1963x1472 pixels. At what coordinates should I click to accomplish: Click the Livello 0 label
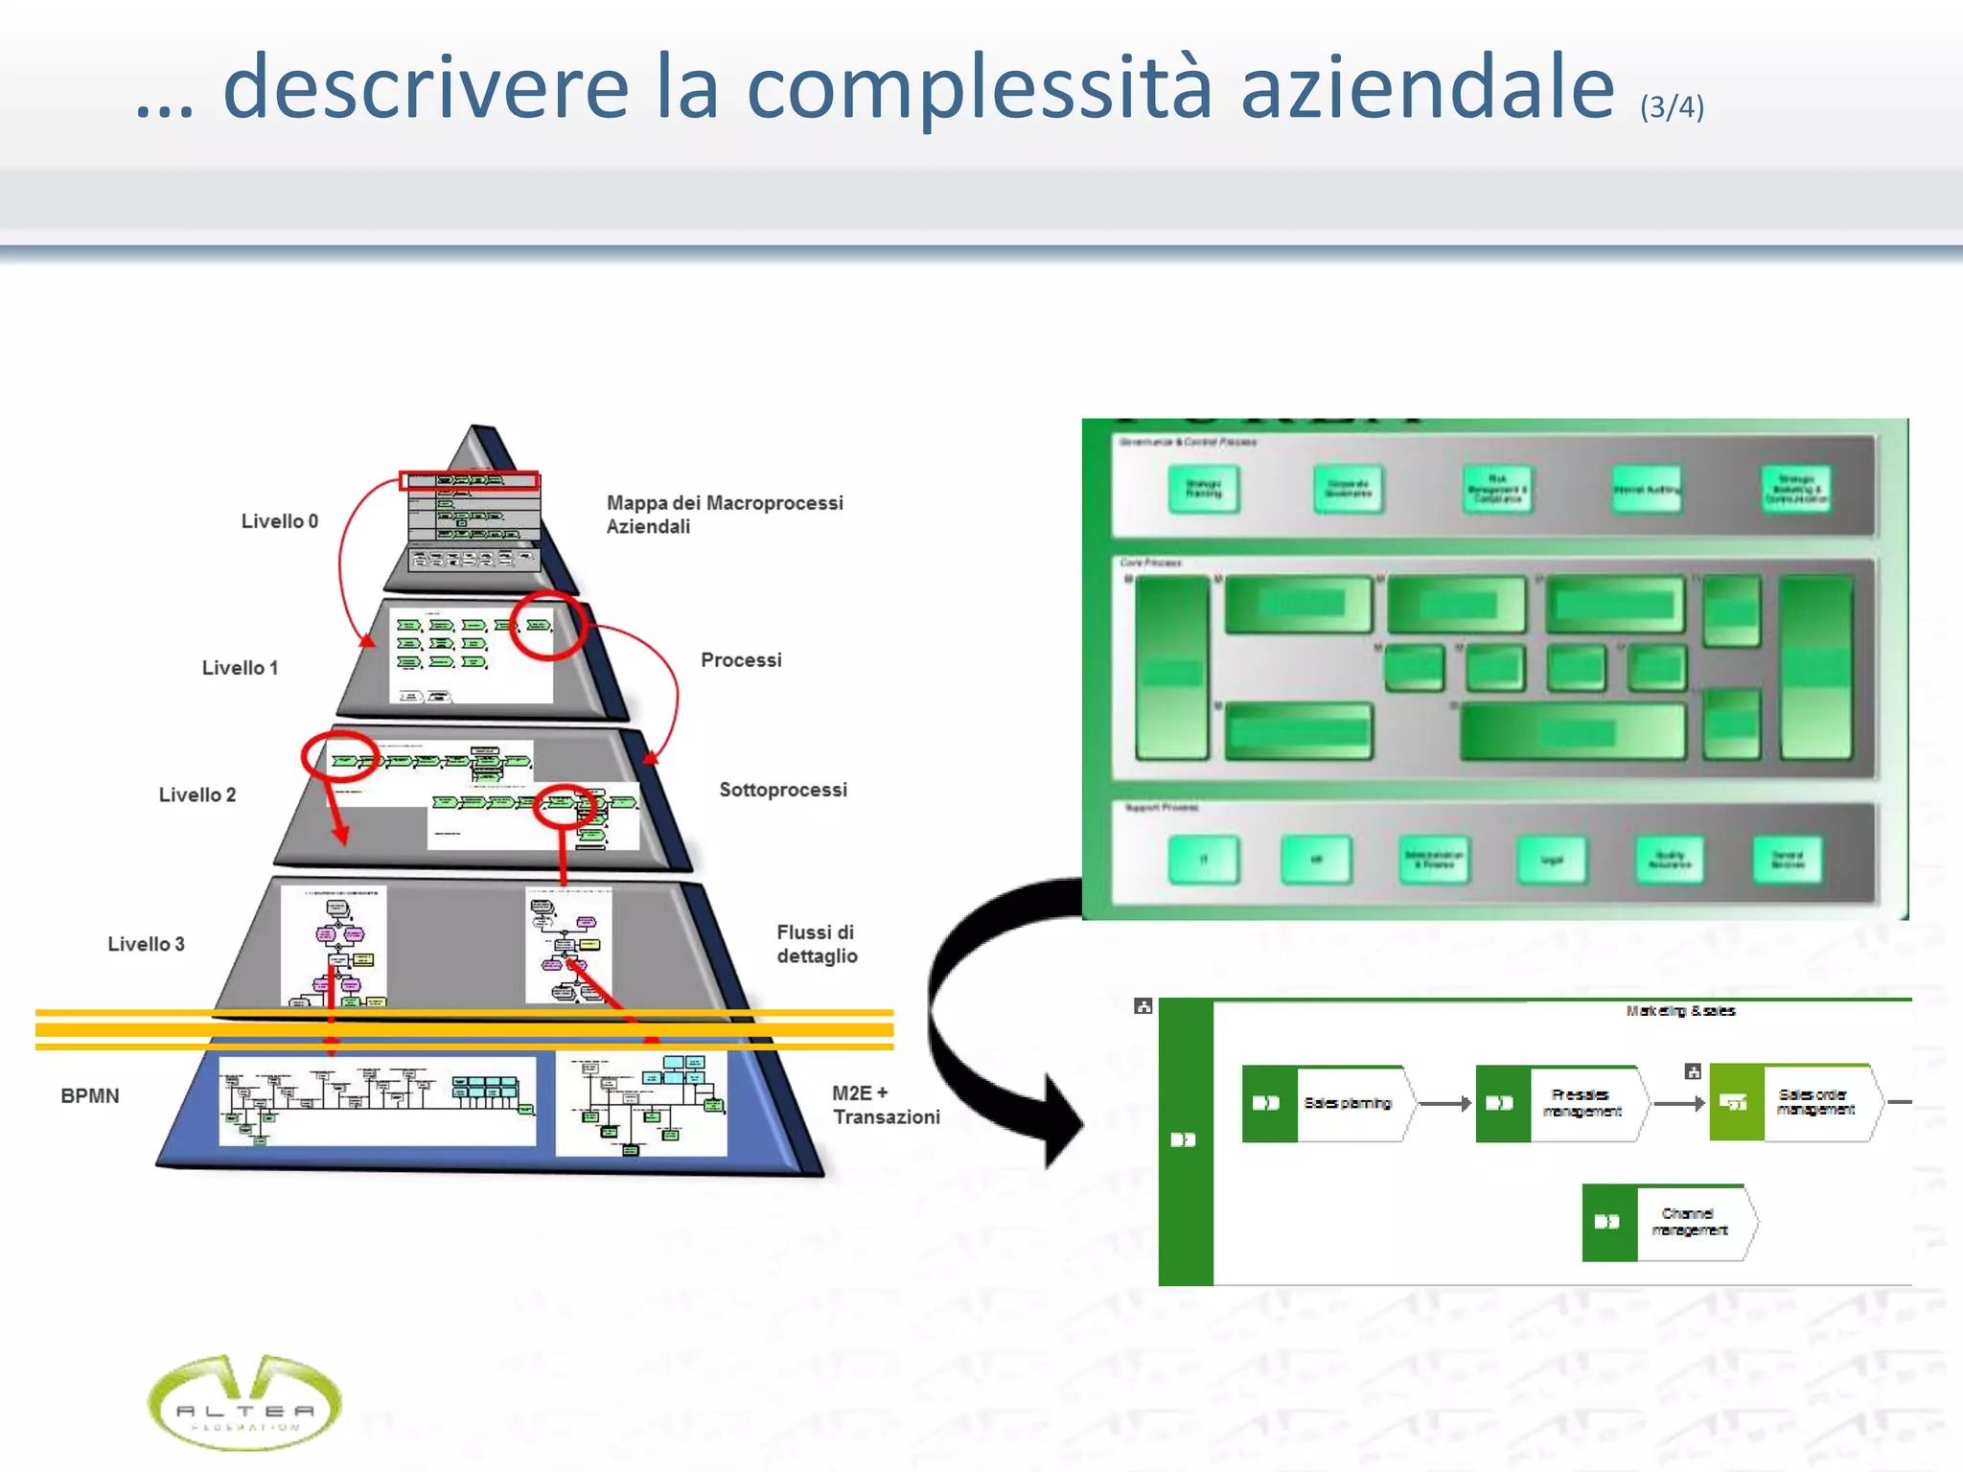pos(279,521)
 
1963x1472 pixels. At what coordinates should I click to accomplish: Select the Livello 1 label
pos(240,668)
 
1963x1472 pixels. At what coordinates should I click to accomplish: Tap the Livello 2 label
pos(196,794)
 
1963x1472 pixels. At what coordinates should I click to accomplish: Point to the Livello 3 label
pos(146,944)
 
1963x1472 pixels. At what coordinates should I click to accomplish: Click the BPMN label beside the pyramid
pos(90,1095)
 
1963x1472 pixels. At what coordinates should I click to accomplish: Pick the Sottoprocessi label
pos(783,790)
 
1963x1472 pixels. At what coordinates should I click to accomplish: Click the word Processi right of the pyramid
pos(741,660)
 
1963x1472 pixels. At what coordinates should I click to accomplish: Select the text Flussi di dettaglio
pos(816,944)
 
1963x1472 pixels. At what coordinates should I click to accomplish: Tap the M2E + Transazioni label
pos(885,1105)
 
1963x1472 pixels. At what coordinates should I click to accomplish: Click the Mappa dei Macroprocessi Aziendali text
pos(724,515)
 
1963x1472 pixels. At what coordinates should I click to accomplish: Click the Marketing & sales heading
pos(1680,1010)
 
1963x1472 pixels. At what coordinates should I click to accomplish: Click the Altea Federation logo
pos(244,1402)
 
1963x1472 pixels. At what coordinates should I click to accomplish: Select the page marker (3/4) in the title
pos(1672,106)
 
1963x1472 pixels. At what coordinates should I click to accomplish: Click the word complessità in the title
pos(979,89)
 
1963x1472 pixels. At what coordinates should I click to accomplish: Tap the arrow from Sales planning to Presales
pos(1444,1104)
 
